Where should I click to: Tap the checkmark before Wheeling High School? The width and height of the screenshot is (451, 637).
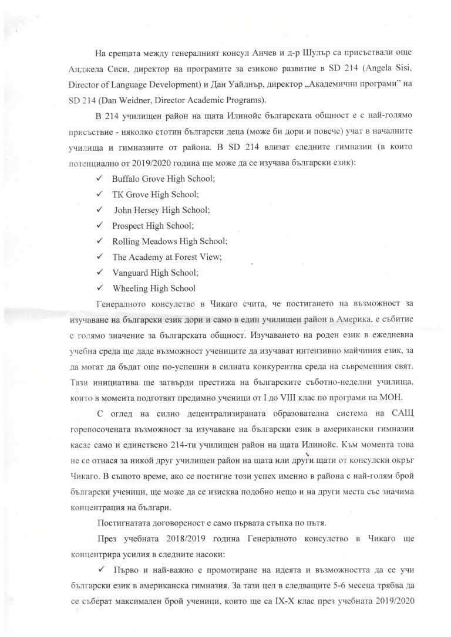tap(100, 287)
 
